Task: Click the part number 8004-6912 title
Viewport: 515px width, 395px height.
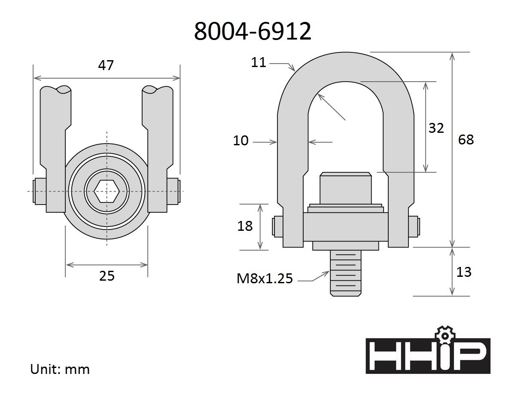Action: pos(253,31)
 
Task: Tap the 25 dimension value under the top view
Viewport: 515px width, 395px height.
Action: pos(107,276)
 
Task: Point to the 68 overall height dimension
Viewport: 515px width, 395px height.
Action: pos(466,140)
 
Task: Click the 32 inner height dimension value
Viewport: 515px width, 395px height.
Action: pos(436,128)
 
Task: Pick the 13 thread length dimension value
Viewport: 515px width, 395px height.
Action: pos(464,272)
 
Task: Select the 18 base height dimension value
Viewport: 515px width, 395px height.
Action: pos(245,226)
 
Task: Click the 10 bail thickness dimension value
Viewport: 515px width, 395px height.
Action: pos(241,141)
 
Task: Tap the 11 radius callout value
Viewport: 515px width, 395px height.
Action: pos(259,62)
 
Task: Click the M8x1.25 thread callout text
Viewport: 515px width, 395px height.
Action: pos(265,279)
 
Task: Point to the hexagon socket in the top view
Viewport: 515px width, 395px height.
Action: pos(107,191)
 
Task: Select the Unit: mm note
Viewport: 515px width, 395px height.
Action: pos(60,369)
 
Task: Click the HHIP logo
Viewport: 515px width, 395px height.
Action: pos(427,356)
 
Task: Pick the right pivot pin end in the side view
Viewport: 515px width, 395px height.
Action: pos(415,227)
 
